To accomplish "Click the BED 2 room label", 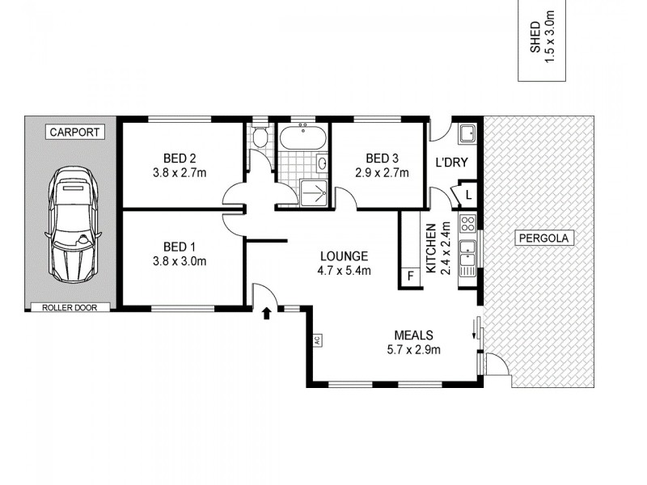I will [x=180, y=158].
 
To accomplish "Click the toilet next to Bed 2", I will [x=259, y=137].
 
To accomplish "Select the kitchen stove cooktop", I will [x=467, y=223].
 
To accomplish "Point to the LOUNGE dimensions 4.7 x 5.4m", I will [x=344, y=271].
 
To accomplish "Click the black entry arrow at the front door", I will [x=266, y=314].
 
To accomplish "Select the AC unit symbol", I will [x=318, y=340].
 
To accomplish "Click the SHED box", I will [x=541, y=40].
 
